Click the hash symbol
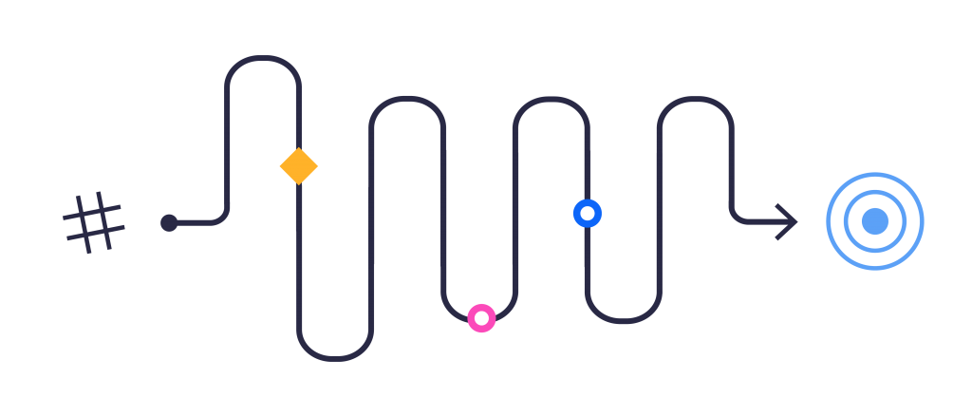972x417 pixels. click(x=93, y=223)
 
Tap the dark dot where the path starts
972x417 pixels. click(x=169, y=223)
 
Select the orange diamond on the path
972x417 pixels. click(x=299, y=166)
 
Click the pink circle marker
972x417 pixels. click(x=481, y=318)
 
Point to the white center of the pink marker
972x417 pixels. click(x=481, y=318)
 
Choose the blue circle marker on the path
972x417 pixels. click(x=588, y=213)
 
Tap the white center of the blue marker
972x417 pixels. click(x=588, y=213)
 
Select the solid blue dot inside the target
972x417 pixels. click(x=875, y=221)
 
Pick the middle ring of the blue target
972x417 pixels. click(x=875, y=193)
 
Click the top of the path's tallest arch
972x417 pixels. click(x=263, y=58)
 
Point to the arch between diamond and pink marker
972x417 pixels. click(x=407, y=98)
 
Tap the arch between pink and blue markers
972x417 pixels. click(x=551, y=99)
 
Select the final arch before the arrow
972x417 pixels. click(x=695, y=99)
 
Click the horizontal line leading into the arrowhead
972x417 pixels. click(x=759, y=222)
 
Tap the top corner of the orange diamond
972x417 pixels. click(x=299, y=148)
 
